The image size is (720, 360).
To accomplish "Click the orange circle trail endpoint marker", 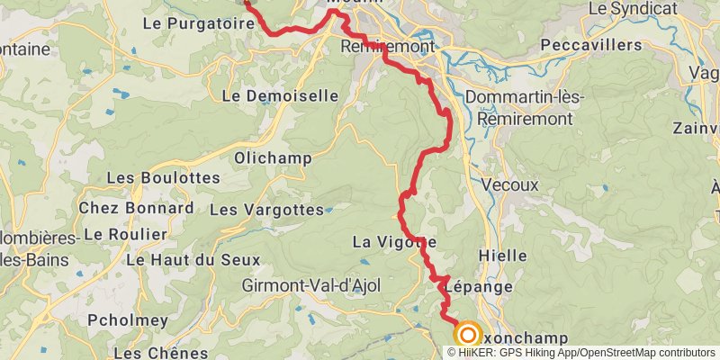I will (467, 335).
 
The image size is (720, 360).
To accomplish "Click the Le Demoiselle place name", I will (280, 94).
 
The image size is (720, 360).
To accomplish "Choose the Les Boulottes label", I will (163, 178).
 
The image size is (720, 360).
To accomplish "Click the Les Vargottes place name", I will (265, 210).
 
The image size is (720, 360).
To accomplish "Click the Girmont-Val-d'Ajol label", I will (311, 285).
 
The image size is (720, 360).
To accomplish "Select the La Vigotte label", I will (394, 241).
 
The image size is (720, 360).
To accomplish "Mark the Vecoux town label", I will (509, 184).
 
